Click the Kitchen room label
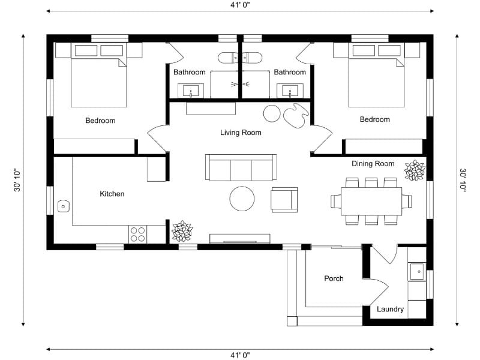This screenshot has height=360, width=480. pos(112,194)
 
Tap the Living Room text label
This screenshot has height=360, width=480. pos(241,133)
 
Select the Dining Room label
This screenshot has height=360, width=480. pos(373,163)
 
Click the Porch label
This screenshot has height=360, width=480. pos(334,278)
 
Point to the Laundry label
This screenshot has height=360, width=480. pos(390,310)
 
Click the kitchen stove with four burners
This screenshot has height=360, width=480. pos(137,233)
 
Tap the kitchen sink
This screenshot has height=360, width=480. pos(63,206)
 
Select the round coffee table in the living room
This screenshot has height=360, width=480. pos(243,199)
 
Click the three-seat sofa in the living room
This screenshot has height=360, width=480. pos(241,167)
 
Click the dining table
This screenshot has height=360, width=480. pos(371,201)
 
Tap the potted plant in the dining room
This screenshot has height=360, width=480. pos(414,170)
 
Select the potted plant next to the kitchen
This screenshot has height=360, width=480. pos(182,231)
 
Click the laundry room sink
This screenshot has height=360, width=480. pos(417,272)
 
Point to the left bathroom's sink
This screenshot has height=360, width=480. pos(191,92)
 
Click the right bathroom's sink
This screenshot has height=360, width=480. pos(290,92)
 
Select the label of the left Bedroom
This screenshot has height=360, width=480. pos(100,121)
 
